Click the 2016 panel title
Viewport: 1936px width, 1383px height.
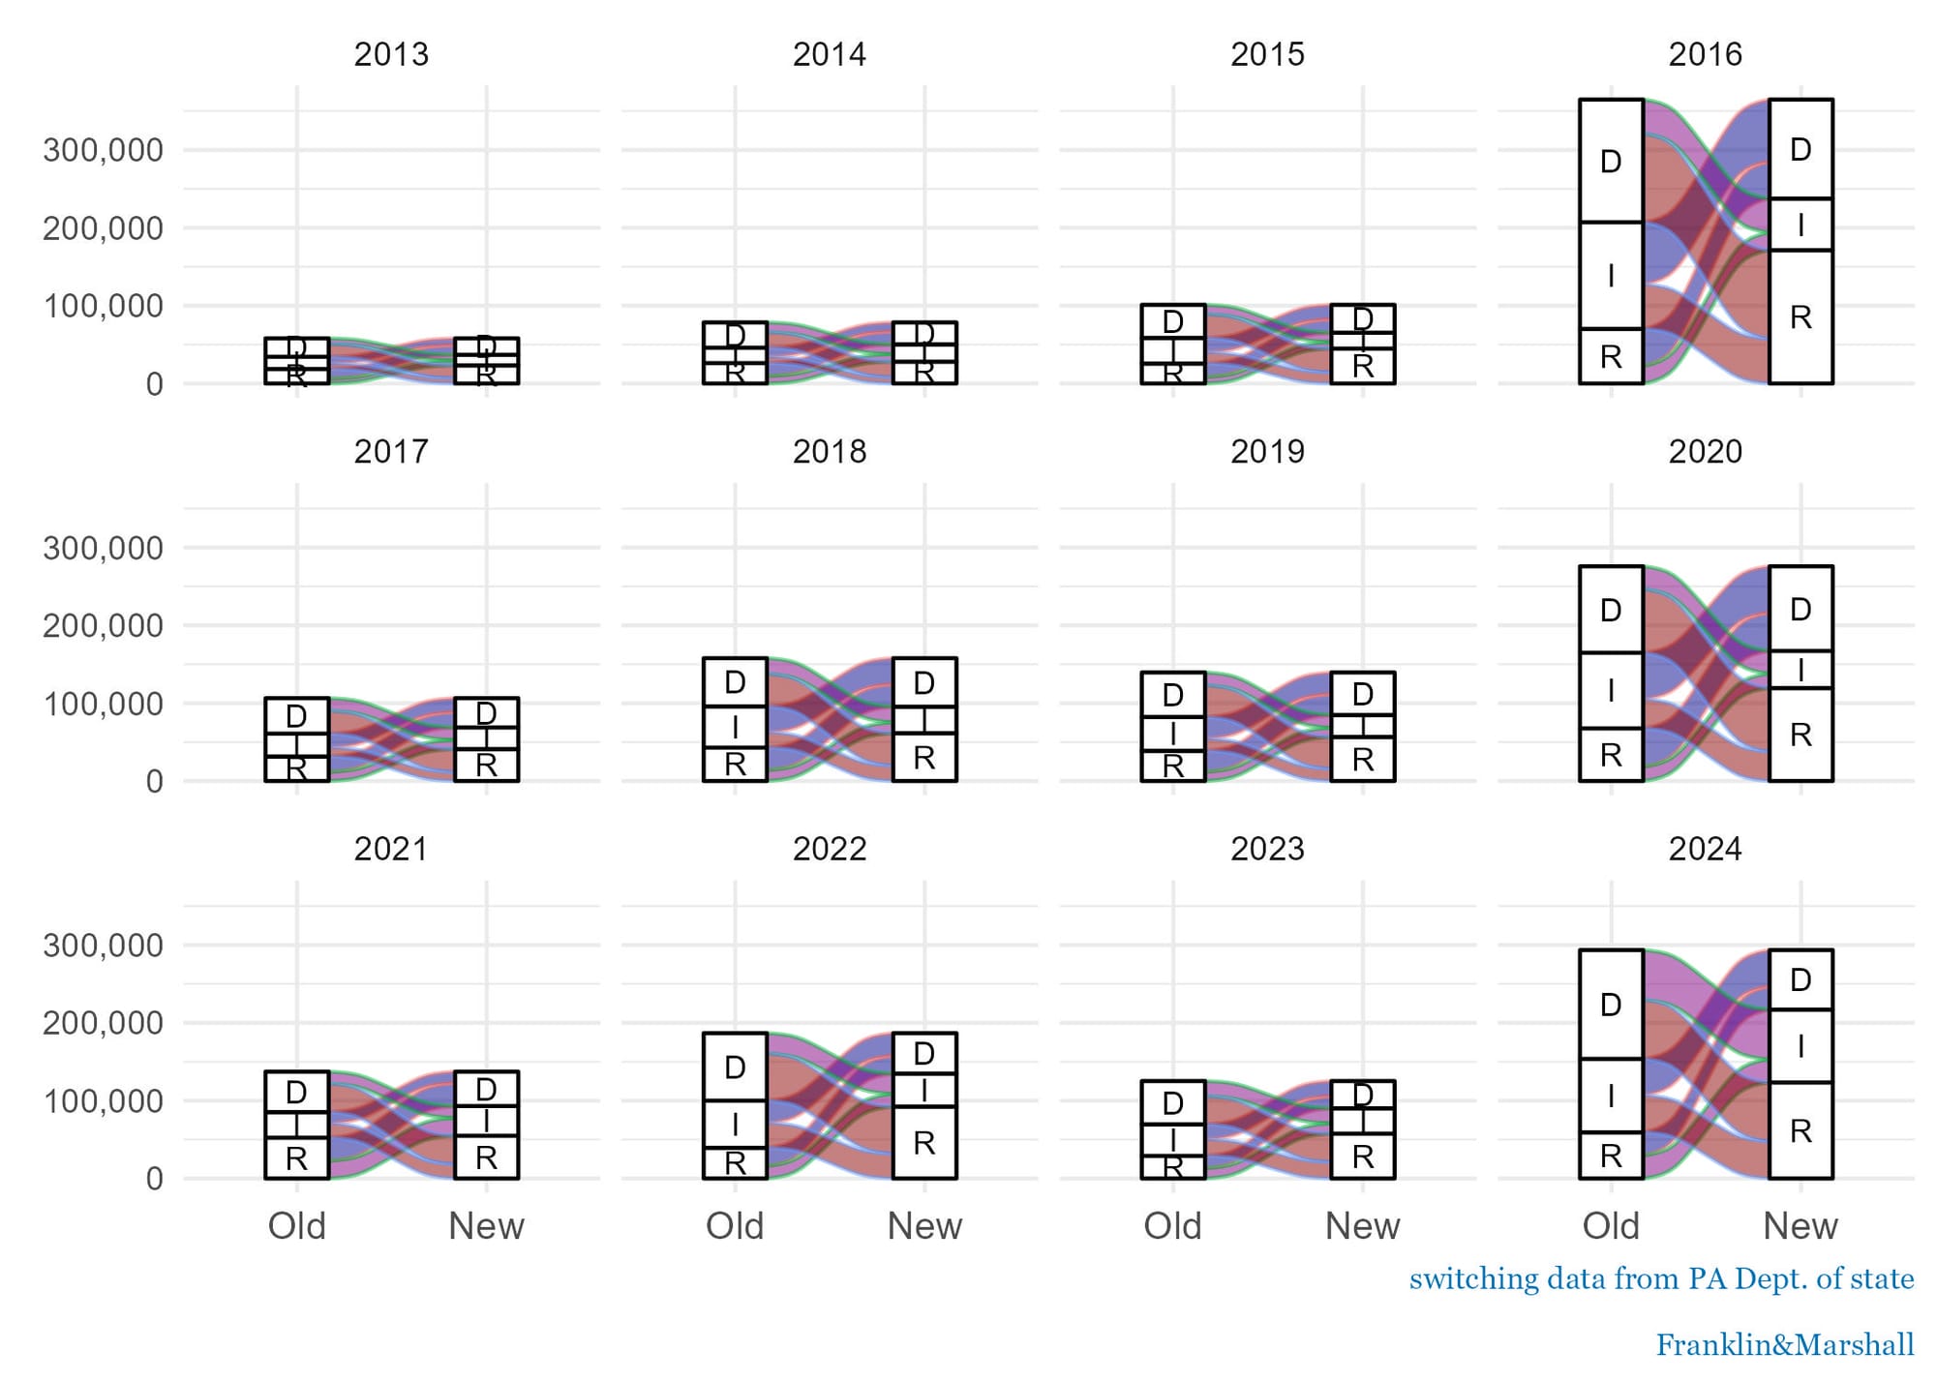pyautogui.click(x=1705, y=54)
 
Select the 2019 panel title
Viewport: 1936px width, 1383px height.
pyautogui.click(x=1267, y=452)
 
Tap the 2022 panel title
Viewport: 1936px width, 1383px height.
pyautogui.click(x=830, y=849)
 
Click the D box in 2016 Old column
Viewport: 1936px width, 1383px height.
pyautogui.click(x=1611, y=161)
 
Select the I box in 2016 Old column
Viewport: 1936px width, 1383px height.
pyautogui.click(x=1611, y=276)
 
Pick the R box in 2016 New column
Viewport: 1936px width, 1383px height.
pyautogui.click(x=1800, y=316)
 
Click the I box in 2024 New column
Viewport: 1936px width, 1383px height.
pyautogui.click(x=1800, y=1045)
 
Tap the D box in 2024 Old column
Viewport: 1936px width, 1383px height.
pyautogui.click(x=1611, y=1005)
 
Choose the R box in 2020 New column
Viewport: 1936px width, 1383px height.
pyautogui.click(x=1800, y=735)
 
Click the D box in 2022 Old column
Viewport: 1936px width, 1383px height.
pyautogui.click(x=735, y=1067)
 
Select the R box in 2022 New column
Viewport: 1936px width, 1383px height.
pyautogui.click(x=924, y=1142)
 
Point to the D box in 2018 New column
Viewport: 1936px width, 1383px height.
pyautogui.click(x=924, y=683)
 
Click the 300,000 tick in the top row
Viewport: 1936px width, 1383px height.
pyautogui.click(x=103, y=150)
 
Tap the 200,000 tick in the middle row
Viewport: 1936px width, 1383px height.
pyautogui.click(x=103, y=626)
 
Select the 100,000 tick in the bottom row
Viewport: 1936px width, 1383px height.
pyautogui.click(x=103, y=1101)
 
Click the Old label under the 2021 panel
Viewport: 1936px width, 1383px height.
pyautogui.click(x=296, y=1226)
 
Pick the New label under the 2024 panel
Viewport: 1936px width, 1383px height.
pyautogui.click(x=1800, y=1226)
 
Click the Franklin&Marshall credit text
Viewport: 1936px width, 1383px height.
pyautogui.click(x=1784, y=1345)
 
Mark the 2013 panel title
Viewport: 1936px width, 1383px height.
pyautogui.click(x=391, y=54)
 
